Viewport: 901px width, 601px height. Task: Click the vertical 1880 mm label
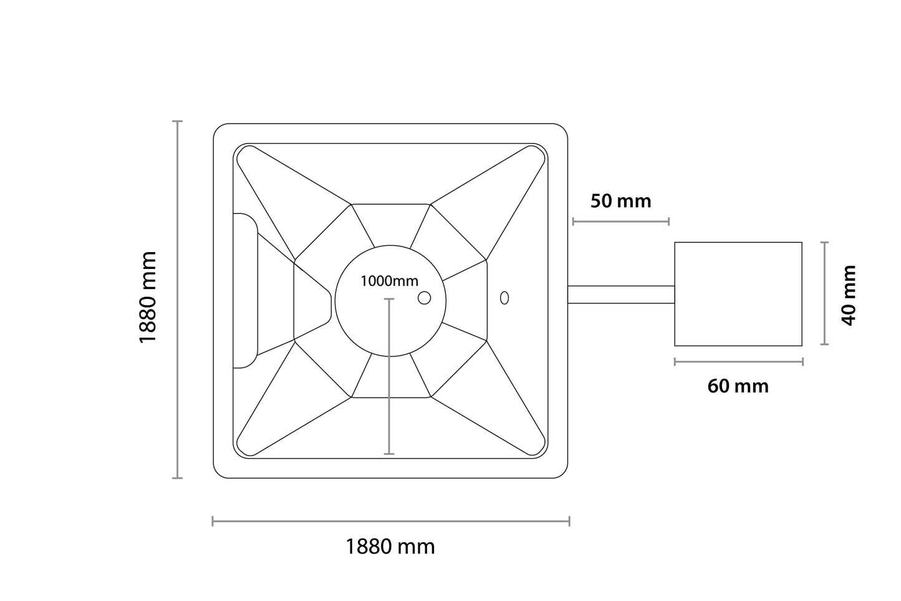pyautogui.click(x=148, y=297)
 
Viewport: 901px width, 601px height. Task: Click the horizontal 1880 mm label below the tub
pyautogui.click(x=390, y=547)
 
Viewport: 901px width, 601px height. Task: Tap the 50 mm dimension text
pyautogui.click(x=620, y=201)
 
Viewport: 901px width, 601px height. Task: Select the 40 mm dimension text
pyautogui.click(x=848, y=295)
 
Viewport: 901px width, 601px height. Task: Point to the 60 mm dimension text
pyautogui.click(x=738, y=386)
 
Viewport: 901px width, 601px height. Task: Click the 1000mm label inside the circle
pyautogui.click(x=389, y=281)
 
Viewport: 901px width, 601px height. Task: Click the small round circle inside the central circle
pyautogui.click(x=424, y=298)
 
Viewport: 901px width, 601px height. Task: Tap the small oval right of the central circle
pyautogui.click(x=504, y=298)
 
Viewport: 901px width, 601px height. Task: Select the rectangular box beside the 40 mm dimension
pyautogui.click(x=738, y=294)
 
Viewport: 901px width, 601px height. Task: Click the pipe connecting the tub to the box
pyautogui.click(x=620, y=295)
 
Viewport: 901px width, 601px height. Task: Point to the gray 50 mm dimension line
pyautogui.click(x=620, y=221)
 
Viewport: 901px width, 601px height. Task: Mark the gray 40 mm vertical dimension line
pyautogui.click(x=824, y=293)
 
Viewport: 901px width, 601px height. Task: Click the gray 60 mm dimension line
pyautogui.click(x=738, y=361)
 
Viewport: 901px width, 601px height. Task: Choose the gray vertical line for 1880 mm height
pyautogui.click(x=178, y=300)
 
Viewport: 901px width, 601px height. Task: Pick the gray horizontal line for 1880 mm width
pyautogui.click(x=390, y=521)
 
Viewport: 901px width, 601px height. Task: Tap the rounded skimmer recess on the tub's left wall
pyautogui.click(x=245, y=291)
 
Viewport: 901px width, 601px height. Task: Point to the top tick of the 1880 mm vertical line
pyautogui.click(x=178, y=121)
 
